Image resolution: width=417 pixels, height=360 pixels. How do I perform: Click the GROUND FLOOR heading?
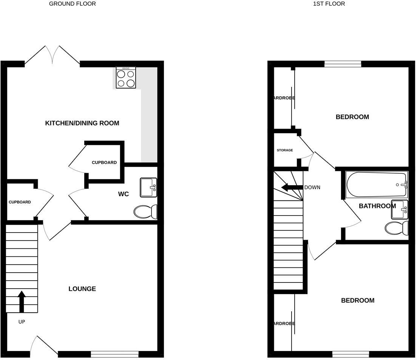click(x=73, y=4)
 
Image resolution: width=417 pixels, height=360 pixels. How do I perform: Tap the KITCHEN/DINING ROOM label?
click(x=82, y=123)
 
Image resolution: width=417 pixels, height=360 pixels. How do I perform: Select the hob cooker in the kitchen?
click(x=126, y=78)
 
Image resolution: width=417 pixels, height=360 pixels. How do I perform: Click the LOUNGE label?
click(x=82, y=289)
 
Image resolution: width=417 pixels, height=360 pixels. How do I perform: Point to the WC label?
click(x=124, y=194)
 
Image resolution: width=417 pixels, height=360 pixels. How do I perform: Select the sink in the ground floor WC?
click(x=148, y=188)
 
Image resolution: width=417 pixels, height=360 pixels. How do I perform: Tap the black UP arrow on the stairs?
click(x=22, y=301)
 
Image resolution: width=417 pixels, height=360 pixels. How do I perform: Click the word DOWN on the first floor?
click(x=312, y=187)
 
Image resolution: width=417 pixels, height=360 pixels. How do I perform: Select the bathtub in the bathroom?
click(x=377, y=185)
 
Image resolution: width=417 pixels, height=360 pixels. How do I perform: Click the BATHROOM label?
click(x=377, y=206)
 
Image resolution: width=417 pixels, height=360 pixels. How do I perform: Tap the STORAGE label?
click(x=285, y=150)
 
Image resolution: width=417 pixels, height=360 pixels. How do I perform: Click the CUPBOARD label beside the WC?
click(x=104, y=163)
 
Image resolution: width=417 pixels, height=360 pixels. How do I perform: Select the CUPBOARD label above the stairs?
click(x=20, y=202)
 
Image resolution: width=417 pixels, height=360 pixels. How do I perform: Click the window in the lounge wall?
click(x=114, y=354)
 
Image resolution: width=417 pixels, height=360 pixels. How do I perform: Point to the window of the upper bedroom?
click(x=343, y=64)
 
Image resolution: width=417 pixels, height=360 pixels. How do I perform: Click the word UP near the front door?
click(x=22, y=322)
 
